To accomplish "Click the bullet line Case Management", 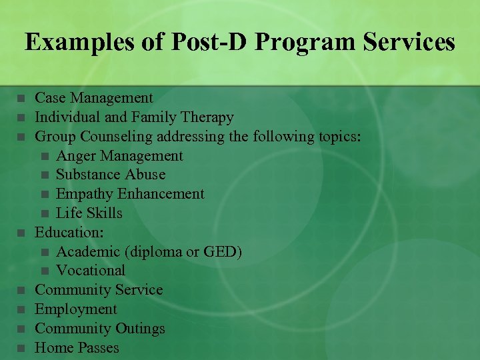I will pyautogui.click(x=93, y=99).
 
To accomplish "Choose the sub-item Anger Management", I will pyautogui.click(x=119, y=156).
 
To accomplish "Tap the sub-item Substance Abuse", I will pyautogui.click(x=111, y=175).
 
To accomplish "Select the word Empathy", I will pyautogui.click(x=85, y=194).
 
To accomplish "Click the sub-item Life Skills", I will pyautogui.click(x=89, y=213).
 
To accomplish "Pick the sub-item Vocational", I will pyautogui.click(x=91, y=271).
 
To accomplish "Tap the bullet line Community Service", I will pyautogui.click(x=99, y=290).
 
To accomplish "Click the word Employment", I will pyautogui.click(x=75, y=309).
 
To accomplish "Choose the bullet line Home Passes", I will pyautogui.click(x=77, y=348).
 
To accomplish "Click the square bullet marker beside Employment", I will pyautogui.click(x=21, y=309).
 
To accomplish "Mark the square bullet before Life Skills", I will pyautogui.click(x=44, y=213).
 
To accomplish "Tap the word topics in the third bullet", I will pyautogui.click(x=337, y=137).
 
